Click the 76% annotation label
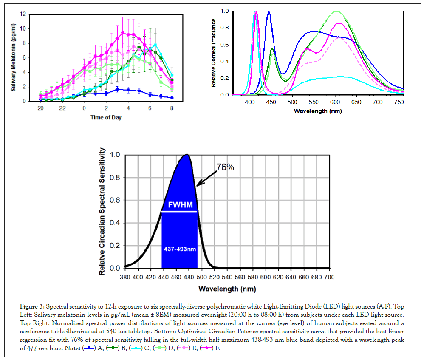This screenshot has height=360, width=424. [x=226, y=167]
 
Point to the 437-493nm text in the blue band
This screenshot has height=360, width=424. [x=180, y=249]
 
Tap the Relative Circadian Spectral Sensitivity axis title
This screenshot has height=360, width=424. [x=102, y=212]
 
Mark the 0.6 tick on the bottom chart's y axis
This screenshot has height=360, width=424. [x=115, y=200]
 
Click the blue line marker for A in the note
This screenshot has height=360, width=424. [x=89, y=348]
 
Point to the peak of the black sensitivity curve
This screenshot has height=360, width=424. [x=187, y=155]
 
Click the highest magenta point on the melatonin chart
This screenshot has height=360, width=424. [x=123, y=32]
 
